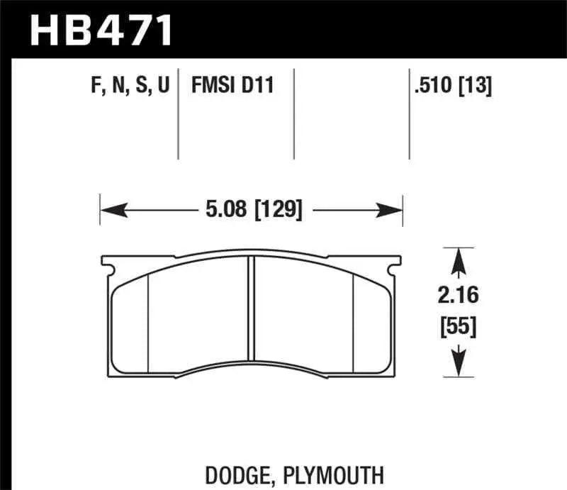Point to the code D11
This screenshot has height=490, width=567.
coord(258,87)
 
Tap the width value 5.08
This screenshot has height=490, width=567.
coord(218,211)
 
